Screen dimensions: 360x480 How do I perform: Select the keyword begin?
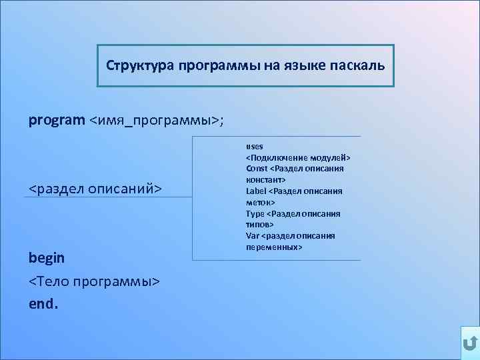47,257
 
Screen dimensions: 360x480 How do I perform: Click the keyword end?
43,304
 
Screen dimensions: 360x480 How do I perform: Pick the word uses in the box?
255,146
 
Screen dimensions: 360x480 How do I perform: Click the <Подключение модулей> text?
298,157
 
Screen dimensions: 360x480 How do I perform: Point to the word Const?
257,169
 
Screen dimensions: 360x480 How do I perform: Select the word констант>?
266,180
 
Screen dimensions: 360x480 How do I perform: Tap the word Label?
256,191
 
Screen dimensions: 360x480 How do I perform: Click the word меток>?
261,202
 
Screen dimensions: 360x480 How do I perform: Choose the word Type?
255,213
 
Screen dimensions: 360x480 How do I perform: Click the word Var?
253,235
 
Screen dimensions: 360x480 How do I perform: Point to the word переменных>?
274,247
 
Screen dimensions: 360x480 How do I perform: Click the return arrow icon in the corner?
469,343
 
